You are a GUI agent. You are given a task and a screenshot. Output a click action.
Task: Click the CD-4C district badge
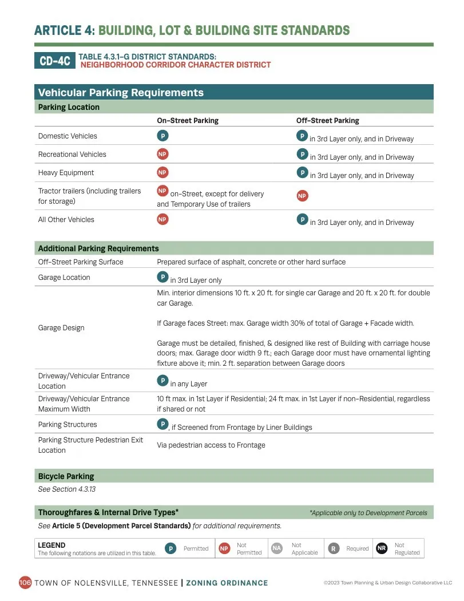55,61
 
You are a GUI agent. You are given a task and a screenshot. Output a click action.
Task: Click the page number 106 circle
25,583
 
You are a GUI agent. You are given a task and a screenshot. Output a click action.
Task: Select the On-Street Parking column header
188,121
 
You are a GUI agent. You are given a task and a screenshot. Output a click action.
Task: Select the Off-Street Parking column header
327,121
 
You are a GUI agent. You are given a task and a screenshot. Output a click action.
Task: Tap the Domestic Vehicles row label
68,136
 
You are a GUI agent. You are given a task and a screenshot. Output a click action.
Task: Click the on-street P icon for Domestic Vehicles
162,136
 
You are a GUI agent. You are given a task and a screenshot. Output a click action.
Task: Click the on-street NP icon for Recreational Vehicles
162,154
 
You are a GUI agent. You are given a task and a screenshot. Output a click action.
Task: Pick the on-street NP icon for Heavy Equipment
162,172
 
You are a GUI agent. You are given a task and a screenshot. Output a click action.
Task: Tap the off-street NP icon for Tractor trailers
302,196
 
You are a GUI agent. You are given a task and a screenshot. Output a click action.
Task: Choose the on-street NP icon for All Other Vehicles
162,219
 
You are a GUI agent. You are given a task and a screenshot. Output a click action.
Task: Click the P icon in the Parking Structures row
162,424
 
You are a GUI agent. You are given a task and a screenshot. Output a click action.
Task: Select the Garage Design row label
61,328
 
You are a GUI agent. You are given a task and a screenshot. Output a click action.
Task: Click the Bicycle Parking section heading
66,476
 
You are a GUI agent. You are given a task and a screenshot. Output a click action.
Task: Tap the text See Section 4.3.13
66,489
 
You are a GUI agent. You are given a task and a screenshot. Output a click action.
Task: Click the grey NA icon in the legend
277,548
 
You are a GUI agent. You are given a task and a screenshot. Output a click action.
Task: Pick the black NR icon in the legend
382,548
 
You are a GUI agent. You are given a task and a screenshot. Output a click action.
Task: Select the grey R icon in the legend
333,548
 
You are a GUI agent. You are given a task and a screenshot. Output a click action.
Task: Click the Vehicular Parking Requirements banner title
121,93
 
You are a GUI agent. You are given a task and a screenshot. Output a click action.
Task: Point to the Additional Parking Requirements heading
98,248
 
